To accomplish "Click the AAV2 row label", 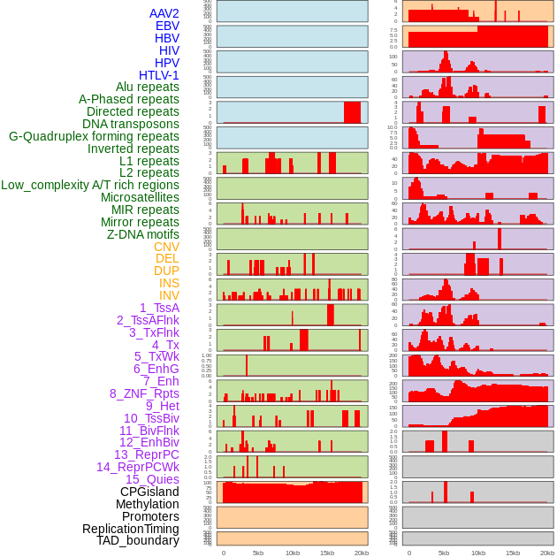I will tap(164, 13).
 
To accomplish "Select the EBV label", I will tap(167, 26).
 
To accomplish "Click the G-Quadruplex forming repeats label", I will tap(94, 136).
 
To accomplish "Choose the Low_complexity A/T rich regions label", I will tap(90, 185).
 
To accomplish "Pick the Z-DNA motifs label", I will tap(142, 234).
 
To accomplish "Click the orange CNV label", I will tap(166, 247).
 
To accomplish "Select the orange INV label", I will tap(169, 295).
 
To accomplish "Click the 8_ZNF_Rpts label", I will tap(144, 393).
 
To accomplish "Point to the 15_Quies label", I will tap(152, 479).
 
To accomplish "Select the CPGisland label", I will tap(149, 492).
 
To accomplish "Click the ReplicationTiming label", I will tap(131, 529).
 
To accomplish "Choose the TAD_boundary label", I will tap(138, 540).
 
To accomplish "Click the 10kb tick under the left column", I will tap(293, 553).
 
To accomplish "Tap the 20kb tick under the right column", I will tap(547, 553).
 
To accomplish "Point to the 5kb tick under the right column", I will tap(443, 553).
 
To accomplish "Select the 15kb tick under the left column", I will tap(327, 553).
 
